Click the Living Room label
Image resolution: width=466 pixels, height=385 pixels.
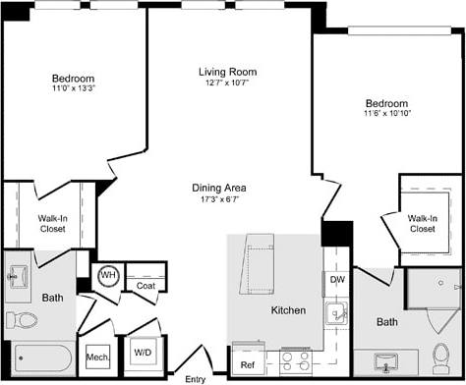point(226,71)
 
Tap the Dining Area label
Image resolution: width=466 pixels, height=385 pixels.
point(219,188)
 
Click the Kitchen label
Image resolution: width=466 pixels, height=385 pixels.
point(288,310)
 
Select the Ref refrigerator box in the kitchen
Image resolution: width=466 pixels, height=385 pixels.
point(248,363)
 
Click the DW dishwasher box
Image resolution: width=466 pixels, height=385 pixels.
point(337,279)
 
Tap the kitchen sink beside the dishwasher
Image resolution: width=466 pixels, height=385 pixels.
point(337,315)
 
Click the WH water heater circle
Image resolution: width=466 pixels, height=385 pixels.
point(107,276)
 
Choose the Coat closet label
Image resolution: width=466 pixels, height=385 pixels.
point(146,286)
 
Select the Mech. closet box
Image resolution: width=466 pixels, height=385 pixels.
point(97,357)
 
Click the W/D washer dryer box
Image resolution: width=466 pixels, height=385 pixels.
point(143,353)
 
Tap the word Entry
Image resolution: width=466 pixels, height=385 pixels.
point(196,378)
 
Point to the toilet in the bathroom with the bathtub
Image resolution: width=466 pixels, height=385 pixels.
point(22,319)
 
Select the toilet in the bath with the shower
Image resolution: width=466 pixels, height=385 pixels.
point(440,353)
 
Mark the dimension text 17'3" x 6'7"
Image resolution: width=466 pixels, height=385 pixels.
point(219,199)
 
